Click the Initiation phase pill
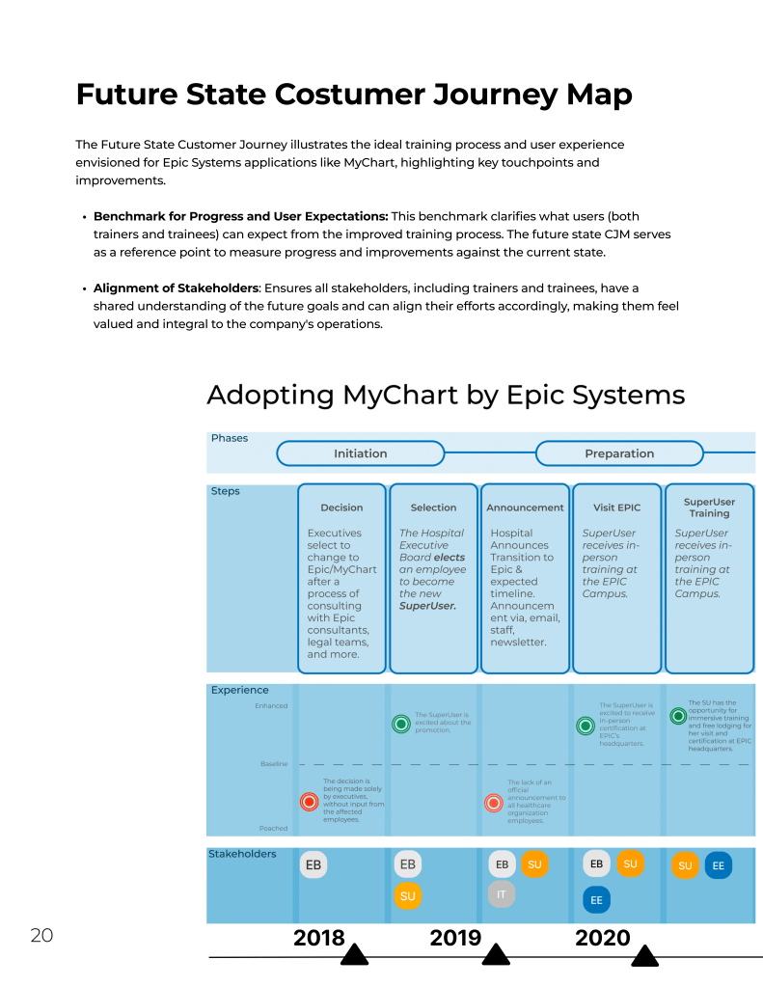coord(360,453)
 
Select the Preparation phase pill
coord(619,453)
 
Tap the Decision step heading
coord(341,507)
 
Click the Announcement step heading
coord(525,507)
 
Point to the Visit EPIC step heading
coord(617,507)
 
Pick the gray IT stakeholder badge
coord(502,894)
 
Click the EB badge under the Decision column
coord(313,865)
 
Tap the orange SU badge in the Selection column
coord(408,896)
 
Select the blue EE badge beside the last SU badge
coord(719,865)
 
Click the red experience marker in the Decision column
coord(309,801)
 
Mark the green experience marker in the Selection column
coord(401,724)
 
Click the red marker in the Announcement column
coord(493,801)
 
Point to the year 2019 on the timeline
coord(455,938)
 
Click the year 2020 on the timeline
coord(602,938)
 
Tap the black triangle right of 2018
coord(355,954)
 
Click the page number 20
coord(41,935)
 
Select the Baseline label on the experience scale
coord(274,764)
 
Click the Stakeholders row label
coord(242,854)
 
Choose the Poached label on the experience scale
coord(273,828)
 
